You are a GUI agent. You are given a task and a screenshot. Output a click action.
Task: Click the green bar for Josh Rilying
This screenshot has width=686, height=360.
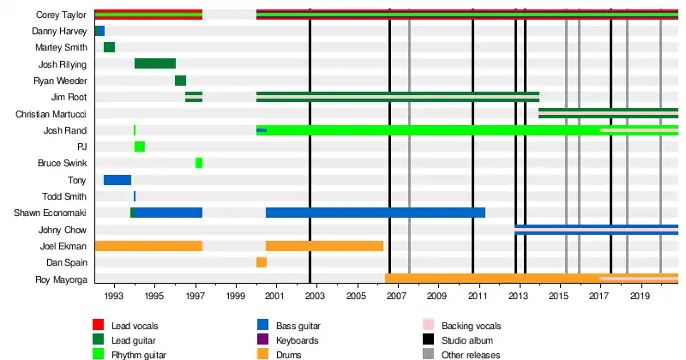(155, 63)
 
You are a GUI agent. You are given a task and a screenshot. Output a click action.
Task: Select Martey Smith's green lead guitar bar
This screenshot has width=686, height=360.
(109, 47)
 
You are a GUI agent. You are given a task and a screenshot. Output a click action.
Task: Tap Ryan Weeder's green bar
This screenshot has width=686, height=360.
(180, 81)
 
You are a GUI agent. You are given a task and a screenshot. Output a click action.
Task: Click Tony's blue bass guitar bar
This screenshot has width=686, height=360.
(117, 180)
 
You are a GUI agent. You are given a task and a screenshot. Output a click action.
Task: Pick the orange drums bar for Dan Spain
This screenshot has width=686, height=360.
(261, 262)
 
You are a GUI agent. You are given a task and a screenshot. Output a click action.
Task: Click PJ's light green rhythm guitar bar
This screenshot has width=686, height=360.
(139, 147)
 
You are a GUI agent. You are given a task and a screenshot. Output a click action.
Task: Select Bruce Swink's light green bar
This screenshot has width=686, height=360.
(199, 163)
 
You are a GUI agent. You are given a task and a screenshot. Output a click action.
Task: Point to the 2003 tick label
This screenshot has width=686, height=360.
(316, 296)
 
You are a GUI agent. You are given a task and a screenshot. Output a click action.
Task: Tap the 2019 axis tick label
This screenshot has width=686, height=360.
(640, 296)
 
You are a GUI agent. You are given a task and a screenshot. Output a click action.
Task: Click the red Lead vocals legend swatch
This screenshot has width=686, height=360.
(99, 326)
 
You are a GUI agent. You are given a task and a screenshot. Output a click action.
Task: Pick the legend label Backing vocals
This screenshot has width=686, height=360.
(471, 326)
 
